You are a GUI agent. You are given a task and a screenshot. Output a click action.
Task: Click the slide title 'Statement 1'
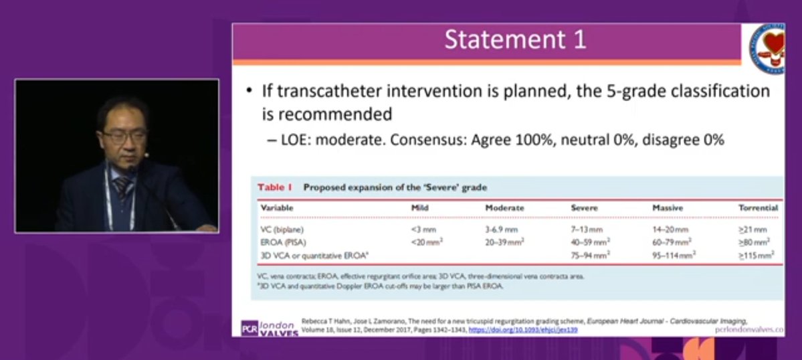coord(516,40)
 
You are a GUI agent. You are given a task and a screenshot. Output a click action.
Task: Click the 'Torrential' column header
coord(758,208)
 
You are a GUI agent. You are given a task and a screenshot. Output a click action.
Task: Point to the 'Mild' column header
coord(419,208)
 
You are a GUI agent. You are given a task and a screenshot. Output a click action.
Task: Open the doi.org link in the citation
coord(523,330)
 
